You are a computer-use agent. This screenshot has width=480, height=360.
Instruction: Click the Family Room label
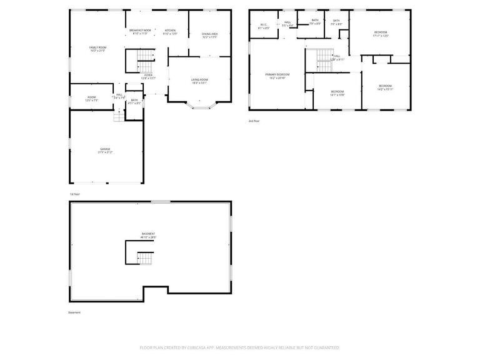click(97, 48)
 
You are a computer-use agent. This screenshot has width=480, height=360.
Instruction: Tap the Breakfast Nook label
click(141, 32)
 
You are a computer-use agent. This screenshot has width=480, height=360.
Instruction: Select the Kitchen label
click(170, 32)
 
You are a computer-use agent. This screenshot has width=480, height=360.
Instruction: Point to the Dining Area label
click(209, 35)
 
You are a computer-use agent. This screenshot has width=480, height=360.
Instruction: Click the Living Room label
click(199, 81)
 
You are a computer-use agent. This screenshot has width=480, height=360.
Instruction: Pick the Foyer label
click(148, 76)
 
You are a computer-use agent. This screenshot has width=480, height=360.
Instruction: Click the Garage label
click(104, 150)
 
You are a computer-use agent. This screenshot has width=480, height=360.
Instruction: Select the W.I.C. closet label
click(264, 26)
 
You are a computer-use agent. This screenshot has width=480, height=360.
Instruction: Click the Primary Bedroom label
click(277, 76)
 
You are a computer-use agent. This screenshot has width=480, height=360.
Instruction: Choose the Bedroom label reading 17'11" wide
click(381, 34)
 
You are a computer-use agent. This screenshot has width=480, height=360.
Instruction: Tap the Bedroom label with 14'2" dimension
click(385, 87)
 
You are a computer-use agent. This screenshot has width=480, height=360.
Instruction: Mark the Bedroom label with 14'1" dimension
click(337, 93)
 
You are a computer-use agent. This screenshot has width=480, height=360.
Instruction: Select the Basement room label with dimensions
click(147, 235)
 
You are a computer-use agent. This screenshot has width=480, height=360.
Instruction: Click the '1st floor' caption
click(75, 194)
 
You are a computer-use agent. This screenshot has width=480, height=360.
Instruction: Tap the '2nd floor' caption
click(253, 120)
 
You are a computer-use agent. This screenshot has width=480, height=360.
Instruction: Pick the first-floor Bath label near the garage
click(134, 101)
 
